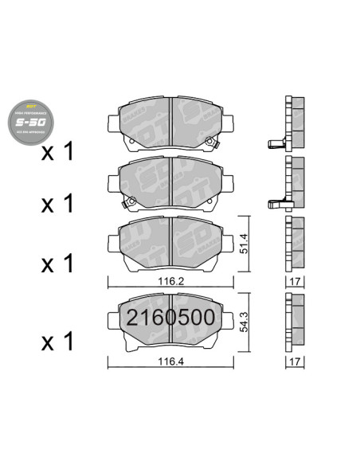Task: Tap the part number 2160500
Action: point(171,317)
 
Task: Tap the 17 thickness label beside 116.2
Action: point(296,282)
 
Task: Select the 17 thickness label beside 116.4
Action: point(296,361)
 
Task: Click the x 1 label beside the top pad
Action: point(58,150)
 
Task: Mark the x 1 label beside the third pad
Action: point(58,262)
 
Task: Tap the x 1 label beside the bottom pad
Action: point(58,342)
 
